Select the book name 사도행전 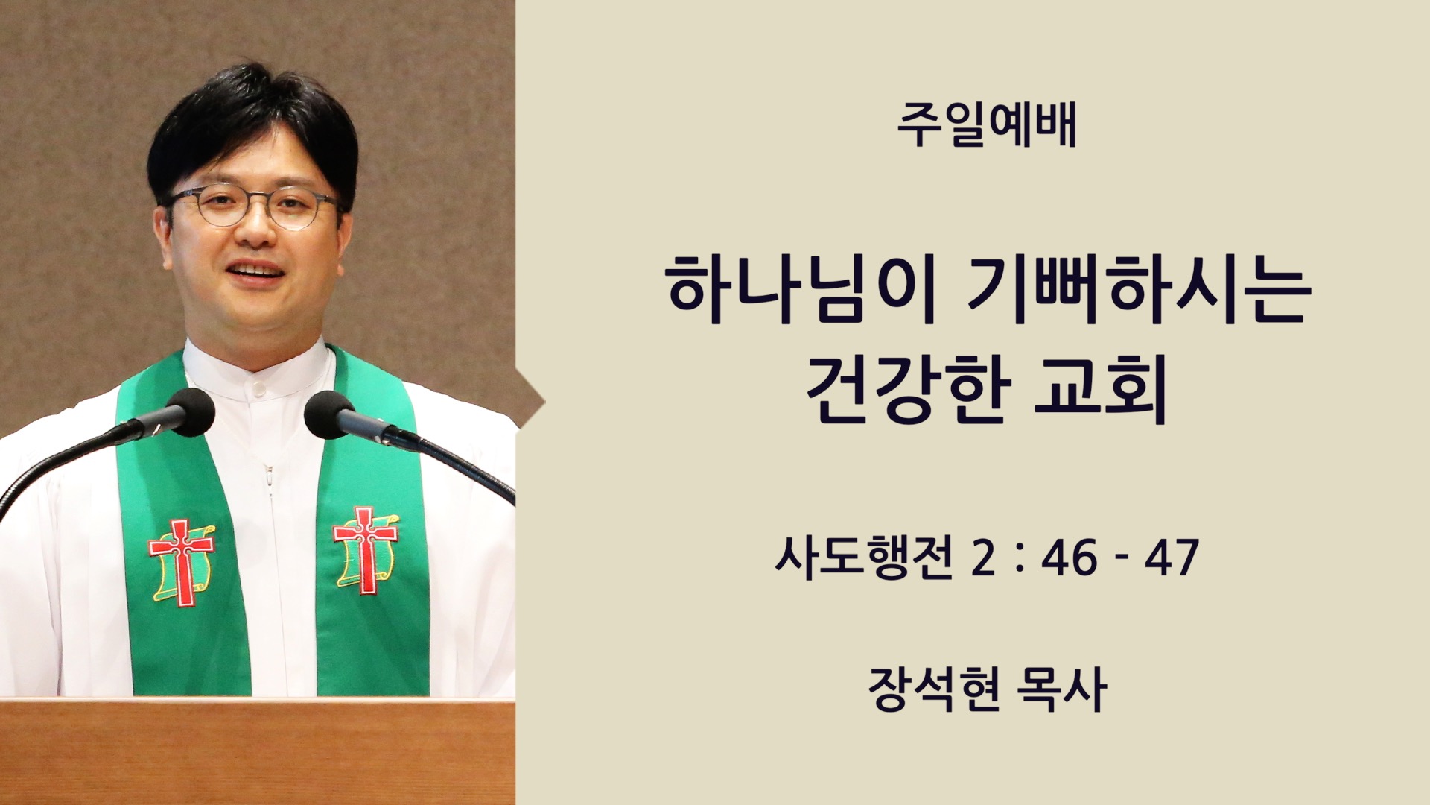(x=864, y=558)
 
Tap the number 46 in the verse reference (x=1070, y=558)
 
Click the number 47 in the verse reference (x=1172, y=558)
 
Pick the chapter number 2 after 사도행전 (x=982, y=558)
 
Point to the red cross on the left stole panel (x=181, y=561)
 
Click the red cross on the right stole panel (x=365, y=549)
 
